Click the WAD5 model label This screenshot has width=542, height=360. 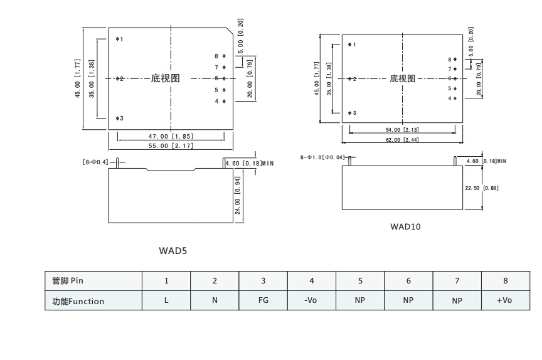pos(173,250)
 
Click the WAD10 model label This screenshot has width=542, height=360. pos(405,226)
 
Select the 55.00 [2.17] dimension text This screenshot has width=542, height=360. pos(171,146)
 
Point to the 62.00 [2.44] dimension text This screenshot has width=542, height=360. pos(403,140)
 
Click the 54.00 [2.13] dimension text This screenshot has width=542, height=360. pos(402,130)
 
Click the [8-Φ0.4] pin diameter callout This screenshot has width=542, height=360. pos(95,162)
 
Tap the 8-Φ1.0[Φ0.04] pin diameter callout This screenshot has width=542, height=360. pos(322,157)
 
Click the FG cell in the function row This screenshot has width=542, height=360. pos(263,300)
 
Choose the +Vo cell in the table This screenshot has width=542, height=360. pos(504,300)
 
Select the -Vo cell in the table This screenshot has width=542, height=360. pos(311,300)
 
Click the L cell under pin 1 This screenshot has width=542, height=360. pos(166,300)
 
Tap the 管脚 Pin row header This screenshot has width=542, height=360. pos(68,281)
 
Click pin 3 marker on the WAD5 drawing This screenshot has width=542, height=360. pos(117,118)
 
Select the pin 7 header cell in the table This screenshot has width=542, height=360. pos(457,281)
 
